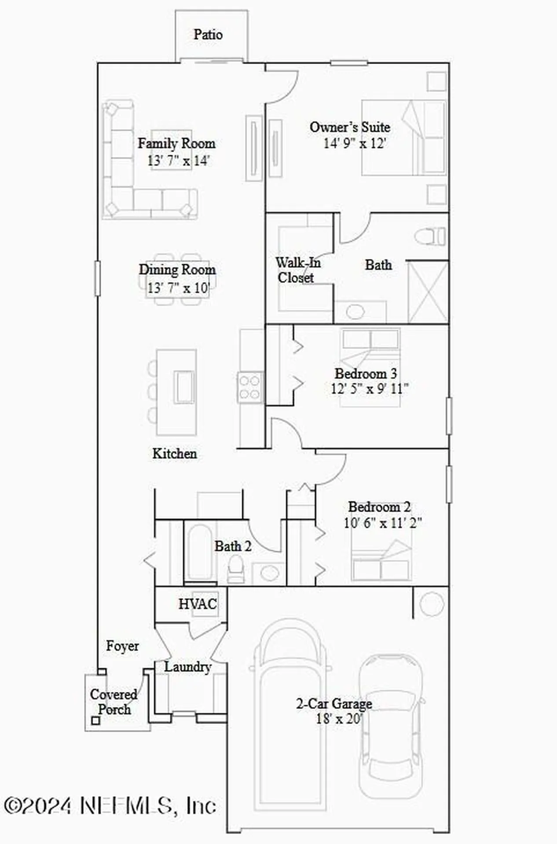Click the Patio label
click(x=208, y=35)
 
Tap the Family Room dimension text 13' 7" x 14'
click(x=178, y=160)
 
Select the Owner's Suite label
click(x=350, y=127)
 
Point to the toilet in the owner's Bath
click(x=431, y=237)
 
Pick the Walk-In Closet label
click(x=297, y=270)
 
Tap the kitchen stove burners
click(x=250, y=387)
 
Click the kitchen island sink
click(x=183, y=386)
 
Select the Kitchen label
click(x=175, y=454)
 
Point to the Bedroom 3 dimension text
click(x=370, y=389)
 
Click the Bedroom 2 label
click(x=379, y=507)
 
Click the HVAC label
click(x=198, y=604)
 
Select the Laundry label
click(x=187, y=667)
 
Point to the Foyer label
click(x=122, y=646)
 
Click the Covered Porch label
click(x=114, y=702)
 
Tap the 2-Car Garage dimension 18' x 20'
click(x=339, y=719)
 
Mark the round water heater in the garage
click(x=431, y=604)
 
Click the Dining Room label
click(x=177, y=269)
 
